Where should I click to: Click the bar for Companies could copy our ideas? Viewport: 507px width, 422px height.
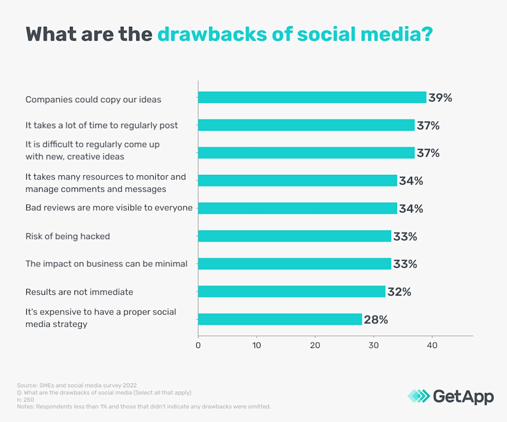pos(312,97)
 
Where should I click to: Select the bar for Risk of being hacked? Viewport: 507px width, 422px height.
pos(295,236)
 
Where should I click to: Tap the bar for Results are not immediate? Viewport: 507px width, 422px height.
pos(292,291)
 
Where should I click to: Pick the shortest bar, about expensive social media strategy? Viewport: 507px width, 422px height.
pos(280,319)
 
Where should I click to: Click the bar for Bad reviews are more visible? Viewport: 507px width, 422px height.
pos(297,208)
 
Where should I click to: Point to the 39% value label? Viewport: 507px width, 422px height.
pos(440,98)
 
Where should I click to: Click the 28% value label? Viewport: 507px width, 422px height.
pos(376,320)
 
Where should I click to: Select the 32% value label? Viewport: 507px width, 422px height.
pos(399,292)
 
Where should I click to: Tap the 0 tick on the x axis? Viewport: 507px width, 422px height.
pos(198,346)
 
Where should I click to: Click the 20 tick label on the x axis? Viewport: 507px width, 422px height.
pos(315,346)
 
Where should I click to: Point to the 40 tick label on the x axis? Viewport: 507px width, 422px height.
pos(432,346)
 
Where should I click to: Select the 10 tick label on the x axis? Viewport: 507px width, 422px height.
pos(257,346)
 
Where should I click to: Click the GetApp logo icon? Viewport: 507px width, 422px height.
pos(418,396)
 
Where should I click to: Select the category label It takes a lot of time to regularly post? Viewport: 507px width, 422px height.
pos(101,125)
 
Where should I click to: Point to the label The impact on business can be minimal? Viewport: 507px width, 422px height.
pos(106,263)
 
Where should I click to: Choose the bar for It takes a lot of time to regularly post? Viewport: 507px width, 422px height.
pos(306,125)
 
